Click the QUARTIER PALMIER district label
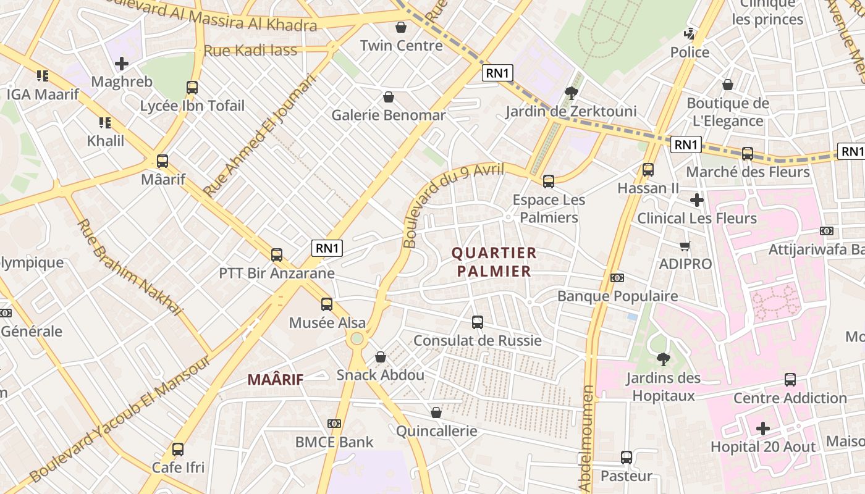pyautogui.click(x=494, y=262)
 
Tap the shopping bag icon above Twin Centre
pyautogui.click(x=401, y=28)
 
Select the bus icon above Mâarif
pyautogui.click(x=162, y=161)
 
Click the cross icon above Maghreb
pyautogui.click(x=122, y=64)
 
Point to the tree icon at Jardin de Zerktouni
pyautogui.click(x=571, y=93)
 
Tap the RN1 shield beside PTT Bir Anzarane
pyautogui.click(x=327, y=248)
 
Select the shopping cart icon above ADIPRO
pyautogui.click(x=685, y=246)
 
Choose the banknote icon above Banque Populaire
pyautogui.click(x=617, y=278)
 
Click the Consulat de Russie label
pyautogui.click(x=477, y=340)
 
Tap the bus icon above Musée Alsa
pyautogui.click(x=327, y=304)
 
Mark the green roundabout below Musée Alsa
pyautogui.click(x=357, y=338)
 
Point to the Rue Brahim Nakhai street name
pyautogui.click(x=130, y=267)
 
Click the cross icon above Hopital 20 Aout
pyautogui.click(x=763, y=428)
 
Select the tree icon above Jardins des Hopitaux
pyautogui.click(x=663, y=359)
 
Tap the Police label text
pyautogui.click(x=690, y=52)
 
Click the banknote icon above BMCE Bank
pyautogui.click(x=334, y=424)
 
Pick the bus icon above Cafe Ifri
pyautogui.click(x=178, y=449)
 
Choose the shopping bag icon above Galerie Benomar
pyautogui.click(x=389, y=97)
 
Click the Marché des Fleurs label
pyautogui.click(x=748, y=172)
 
